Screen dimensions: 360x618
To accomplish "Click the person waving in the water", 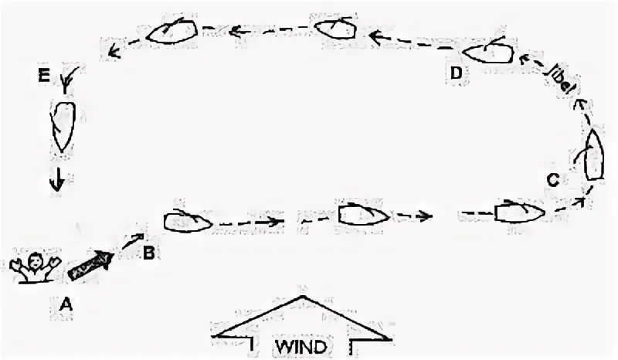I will tap(32, 267).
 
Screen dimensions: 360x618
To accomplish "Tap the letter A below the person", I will tap(66, 304).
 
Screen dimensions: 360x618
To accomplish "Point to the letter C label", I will tap(553, 180).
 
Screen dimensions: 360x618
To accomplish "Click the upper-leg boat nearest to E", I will tap(171, 31).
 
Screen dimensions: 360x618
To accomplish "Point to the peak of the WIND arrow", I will tap(301, 297).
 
